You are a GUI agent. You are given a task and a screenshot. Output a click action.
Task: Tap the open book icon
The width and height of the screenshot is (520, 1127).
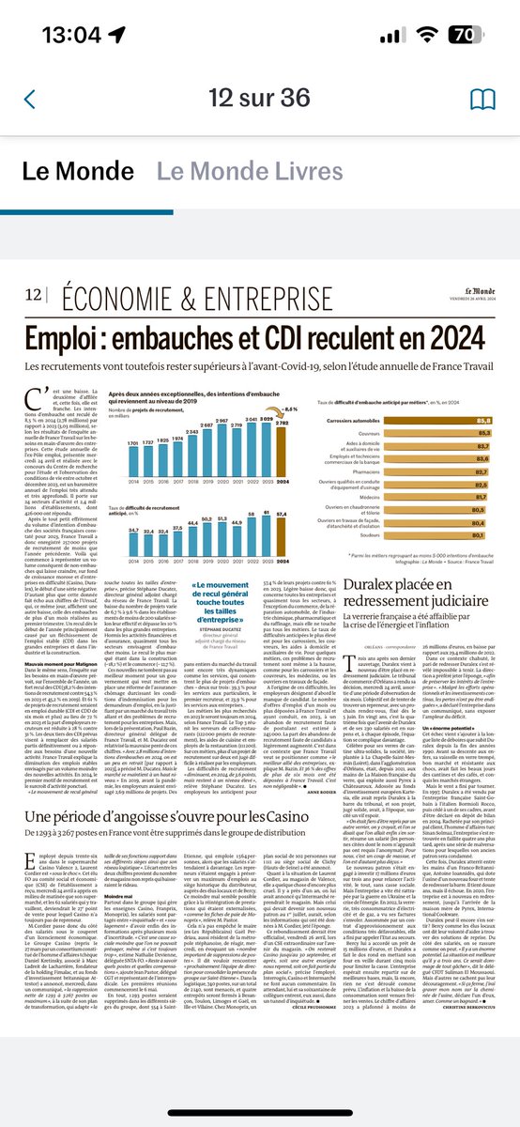point(482,100)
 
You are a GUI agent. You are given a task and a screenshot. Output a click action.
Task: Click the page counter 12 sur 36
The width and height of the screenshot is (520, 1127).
point(258,99)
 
